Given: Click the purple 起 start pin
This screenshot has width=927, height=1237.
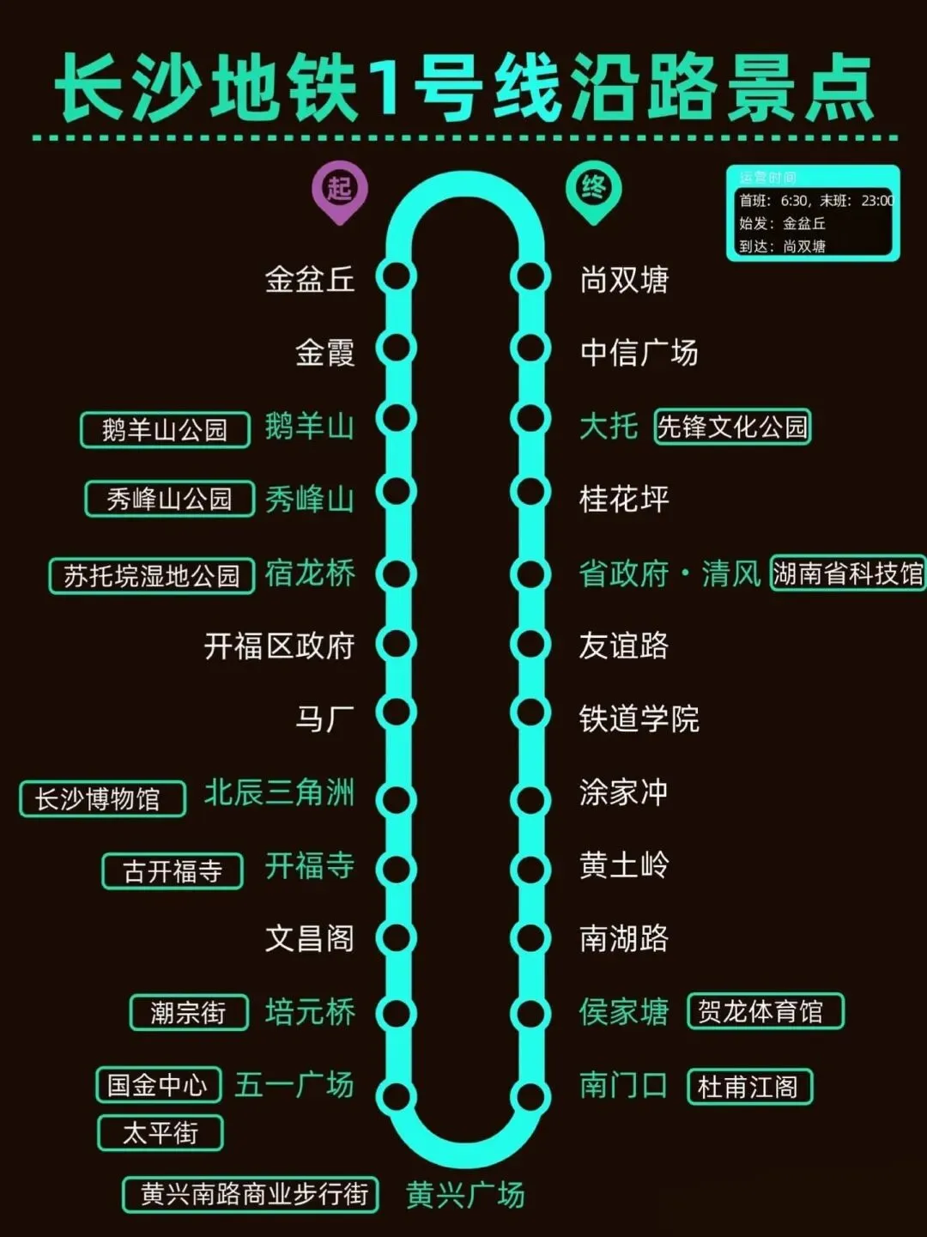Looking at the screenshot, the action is [x=339, y=188].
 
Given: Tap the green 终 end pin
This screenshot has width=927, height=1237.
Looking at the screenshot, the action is [x=593, y=188].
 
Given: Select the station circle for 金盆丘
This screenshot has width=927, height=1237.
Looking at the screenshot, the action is [x=397, y=277].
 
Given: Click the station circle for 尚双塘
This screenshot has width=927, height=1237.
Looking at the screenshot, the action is [x=530, y=277].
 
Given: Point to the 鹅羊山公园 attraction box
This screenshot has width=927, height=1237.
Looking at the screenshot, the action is [x=165, y=429].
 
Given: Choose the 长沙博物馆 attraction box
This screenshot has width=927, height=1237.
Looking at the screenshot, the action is [x=102, y=799].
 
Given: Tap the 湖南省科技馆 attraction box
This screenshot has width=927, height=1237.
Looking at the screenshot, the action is [x=848, y=573].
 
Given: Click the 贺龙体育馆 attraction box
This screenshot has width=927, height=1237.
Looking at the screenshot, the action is [x=766, y=1011].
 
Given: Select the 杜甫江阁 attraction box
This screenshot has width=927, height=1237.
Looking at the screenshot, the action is [x=749, y=1087].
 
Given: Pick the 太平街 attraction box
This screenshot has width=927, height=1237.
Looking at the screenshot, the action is [x=161, y=1133].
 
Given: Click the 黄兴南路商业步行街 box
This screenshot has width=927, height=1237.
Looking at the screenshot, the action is [x=251, y=1194].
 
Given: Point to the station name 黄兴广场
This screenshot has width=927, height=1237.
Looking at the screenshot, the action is [x=464, y=1195].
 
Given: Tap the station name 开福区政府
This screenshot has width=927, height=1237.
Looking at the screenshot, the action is [x=279, y=646].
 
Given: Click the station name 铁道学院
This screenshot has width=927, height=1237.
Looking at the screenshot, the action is [x=639, y=719].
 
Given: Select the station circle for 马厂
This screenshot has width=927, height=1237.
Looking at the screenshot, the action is [x=397, y=712].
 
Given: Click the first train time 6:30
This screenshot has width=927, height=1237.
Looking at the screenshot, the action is [x=794, y=201].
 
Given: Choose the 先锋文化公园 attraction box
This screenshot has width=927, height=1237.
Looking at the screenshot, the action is [x=732, y=427].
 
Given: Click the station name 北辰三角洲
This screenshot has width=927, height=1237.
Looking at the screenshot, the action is [x=279, y=792].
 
